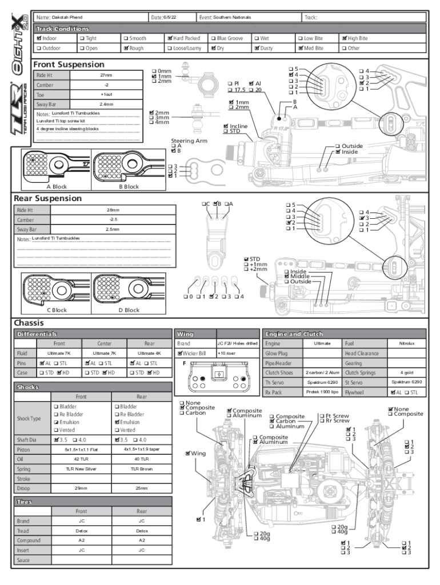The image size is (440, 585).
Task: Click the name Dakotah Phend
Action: [67, 18]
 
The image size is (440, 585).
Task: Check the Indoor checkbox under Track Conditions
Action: [38, 38]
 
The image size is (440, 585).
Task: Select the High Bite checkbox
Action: [344, 38]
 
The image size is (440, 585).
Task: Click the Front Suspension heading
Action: [69, 65]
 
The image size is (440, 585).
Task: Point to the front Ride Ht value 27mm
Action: [106, 75]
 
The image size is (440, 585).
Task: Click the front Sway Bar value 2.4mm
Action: [106, 105]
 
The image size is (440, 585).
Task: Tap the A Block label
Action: [57, 187]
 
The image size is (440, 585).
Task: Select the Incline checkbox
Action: [226, 126]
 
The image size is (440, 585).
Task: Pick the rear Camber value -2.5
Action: [113, 219]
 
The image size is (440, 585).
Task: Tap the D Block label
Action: [129, 310]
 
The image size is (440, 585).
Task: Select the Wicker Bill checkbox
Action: [180, 354]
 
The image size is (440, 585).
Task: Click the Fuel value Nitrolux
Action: [406, 343]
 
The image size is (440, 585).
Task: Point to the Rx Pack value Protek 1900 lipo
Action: [322, 392]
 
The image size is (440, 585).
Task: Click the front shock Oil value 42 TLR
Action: [81, 459]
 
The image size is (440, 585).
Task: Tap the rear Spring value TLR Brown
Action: [142, 468]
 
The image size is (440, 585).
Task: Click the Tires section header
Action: [25, 502]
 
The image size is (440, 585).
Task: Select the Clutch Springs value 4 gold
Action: [406, 372]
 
